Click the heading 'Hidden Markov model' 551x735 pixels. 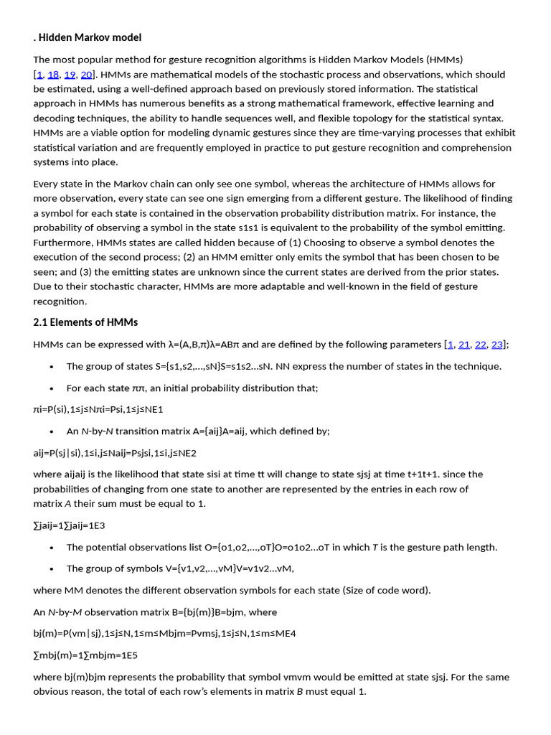point(90,37)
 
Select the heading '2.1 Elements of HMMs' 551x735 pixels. point(85,322)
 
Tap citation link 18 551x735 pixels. point(54,75)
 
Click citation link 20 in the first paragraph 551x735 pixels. point(87,75)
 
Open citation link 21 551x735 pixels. point(464,345)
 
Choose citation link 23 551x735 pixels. point(497,345)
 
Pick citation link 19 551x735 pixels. point(70,75)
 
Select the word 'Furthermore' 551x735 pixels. point(62,243)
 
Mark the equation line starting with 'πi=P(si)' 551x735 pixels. point(98,409)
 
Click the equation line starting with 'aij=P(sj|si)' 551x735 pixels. point(115,453)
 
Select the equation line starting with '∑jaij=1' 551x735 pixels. point(69,525)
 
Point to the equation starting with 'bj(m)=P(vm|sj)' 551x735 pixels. point(164,634)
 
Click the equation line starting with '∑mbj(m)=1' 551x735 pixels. point(85,655)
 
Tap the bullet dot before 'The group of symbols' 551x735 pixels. point(52,569)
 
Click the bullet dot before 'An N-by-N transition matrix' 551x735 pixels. point(52,431)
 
